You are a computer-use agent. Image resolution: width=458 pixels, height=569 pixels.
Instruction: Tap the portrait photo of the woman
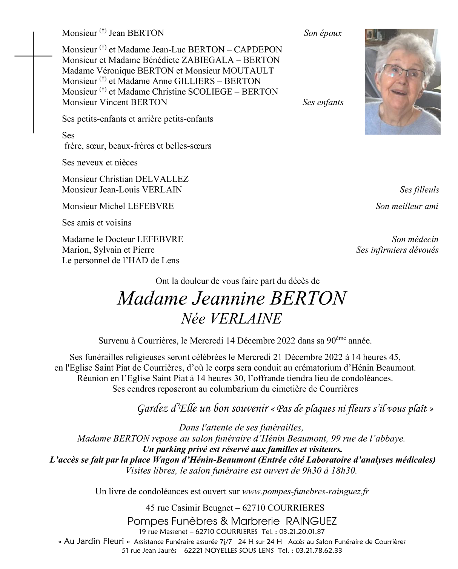(x=402, y=82)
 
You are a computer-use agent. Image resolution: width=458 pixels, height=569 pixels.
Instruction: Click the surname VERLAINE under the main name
(x=245, y=319)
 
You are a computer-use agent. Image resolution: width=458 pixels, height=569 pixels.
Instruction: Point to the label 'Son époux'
(x=323, y=33)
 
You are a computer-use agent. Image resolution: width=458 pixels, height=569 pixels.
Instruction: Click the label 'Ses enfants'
(x=323, y=103)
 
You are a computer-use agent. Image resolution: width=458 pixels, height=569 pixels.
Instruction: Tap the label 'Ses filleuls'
(x=419, y=190)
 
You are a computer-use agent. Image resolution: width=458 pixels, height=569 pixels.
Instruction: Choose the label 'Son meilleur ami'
(x=407, y=206)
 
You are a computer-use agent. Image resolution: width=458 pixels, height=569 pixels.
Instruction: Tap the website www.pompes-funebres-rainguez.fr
(x=305, y=492)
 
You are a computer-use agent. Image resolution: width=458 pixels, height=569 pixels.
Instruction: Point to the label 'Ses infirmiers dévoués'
(x=397, y=250)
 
